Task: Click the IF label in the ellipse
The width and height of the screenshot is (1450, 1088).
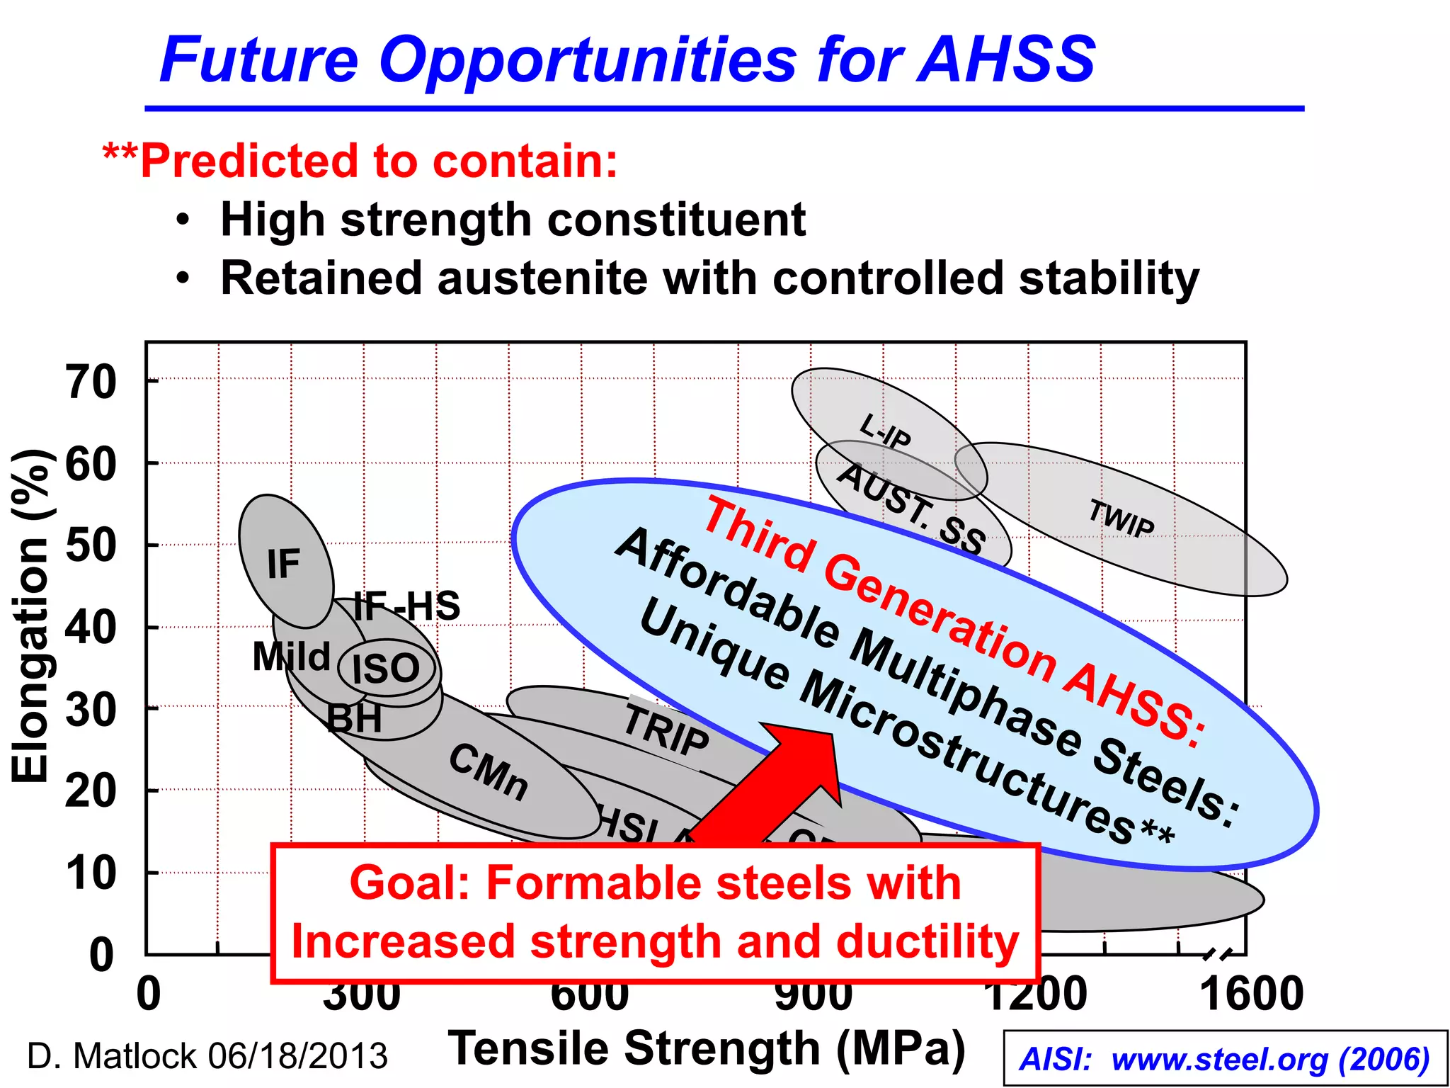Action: point(283,565)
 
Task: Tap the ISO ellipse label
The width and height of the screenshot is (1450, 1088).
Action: point(387,668)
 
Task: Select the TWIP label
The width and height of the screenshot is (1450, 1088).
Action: point(1121,518)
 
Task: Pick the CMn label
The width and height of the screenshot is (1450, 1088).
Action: point(489,772)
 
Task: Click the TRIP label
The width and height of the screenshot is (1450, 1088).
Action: point(666,730)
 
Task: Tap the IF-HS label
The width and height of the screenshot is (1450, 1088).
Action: point(406,606)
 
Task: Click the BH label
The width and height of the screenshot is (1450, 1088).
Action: point(354,718)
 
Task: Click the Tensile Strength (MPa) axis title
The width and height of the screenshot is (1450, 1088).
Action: point(707,1048)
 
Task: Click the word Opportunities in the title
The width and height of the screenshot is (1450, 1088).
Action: point(588,59)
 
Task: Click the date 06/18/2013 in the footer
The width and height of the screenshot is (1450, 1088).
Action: point(297,1056)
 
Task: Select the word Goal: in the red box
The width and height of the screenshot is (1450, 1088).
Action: point(410,884)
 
